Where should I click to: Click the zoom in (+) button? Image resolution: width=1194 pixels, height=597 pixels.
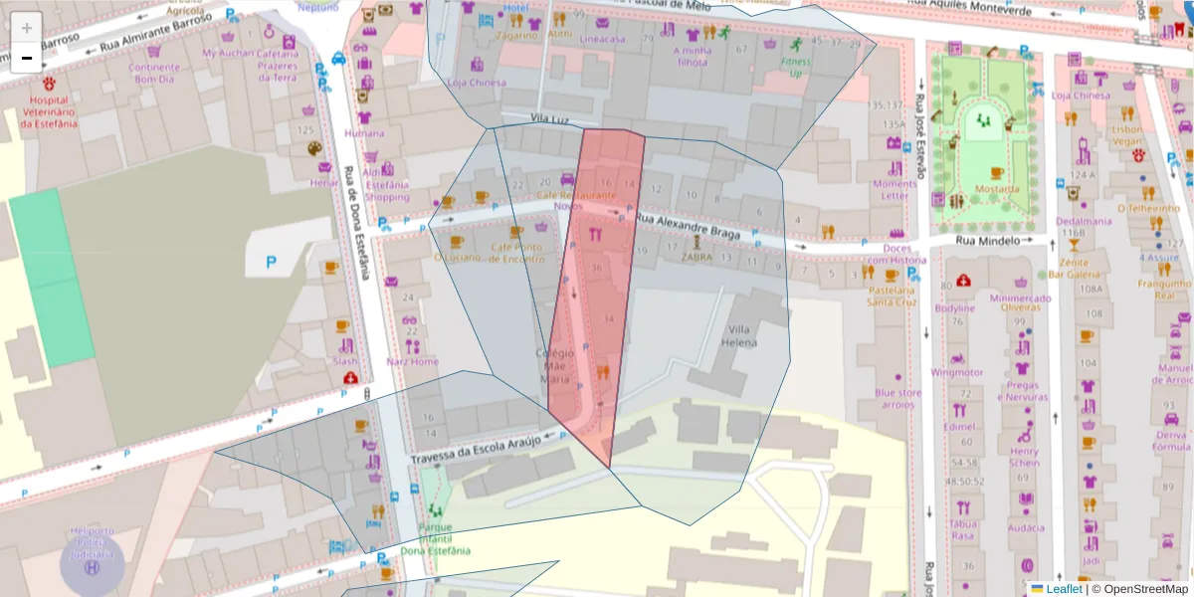(x=27, y=28)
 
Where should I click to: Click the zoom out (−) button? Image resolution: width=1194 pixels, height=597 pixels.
(x=27, y=58)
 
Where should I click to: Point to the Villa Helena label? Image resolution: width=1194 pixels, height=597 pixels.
(x=739, y=336)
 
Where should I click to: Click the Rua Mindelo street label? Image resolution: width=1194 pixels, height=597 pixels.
(x=988, y=241)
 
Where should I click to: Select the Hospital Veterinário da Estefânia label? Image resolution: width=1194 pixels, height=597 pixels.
(x=49, y=111)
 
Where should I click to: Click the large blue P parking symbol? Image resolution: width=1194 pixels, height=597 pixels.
(x=271, y=263)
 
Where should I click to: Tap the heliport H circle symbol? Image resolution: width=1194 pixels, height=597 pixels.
(x=93, y=567)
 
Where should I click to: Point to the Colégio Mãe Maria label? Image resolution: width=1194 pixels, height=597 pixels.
(x=555, y=365)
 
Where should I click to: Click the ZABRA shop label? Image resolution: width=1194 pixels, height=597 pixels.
(x=696, y=256)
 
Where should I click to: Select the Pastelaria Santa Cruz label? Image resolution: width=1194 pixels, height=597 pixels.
(x=891, y=296)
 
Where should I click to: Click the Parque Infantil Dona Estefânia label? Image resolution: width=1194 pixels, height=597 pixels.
(x=434, y=538)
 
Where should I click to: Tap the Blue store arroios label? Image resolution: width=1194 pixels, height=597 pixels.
(x=898, y=398)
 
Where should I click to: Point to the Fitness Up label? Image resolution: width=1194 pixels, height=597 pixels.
(x=795, y=67)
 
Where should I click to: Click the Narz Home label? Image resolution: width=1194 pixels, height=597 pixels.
(x=412, y=361)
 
